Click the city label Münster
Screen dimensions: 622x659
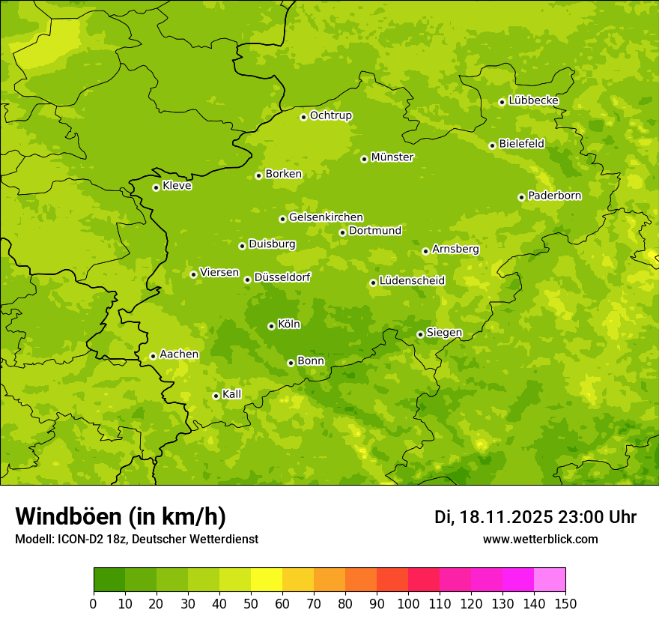point(392,157)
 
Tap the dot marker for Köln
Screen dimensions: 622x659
point(271,326)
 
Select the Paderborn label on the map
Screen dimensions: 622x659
point(554,196)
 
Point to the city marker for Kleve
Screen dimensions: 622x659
point(156,187)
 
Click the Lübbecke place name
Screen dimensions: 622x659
point(533,100)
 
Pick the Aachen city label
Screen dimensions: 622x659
point(179,354)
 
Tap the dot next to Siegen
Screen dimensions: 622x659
point(420,334)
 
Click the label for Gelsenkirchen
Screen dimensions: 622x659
point(326,217)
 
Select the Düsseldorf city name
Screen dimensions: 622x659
point(282,277)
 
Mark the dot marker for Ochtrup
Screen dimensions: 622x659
point(303,117)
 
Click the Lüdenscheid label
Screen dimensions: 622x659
point(412,281)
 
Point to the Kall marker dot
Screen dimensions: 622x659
point(216,396)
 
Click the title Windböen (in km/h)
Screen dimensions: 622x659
point(120,516)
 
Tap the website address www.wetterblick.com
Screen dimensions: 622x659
point(540,539)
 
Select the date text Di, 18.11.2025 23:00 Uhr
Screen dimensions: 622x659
point(535,517)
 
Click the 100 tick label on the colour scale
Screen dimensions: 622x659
point(408,604)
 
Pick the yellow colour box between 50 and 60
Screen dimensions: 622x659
point(267,580)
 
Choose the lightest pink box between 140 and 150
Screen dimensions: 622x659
point(550,580)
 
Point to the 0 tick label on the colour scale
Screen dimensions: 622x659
point(94,604)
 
